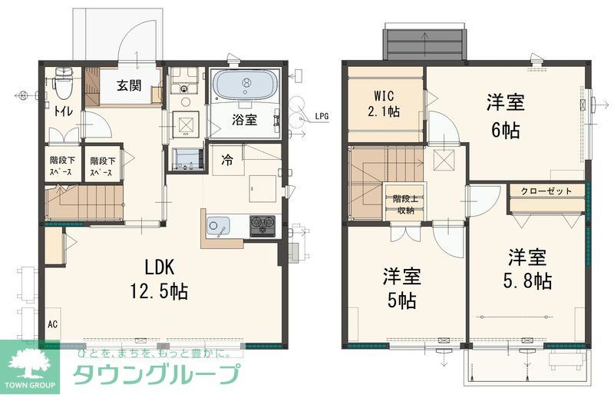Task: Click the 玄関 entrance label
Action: point(129,86)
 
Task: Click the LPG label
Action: point(322,117)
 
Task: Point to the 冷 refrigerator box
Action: point(227,161)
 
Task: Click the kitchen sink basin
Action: point(217,227)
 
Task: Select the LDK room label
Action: point(160,267)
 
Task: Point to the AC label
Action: point(53,324)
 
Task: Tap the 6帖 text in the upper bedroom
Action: point(504,129)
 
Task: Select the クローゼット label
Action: point(546,191)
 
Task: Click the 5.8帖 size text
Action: point(530,280)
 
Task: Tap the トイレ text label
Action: point(63,112)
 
